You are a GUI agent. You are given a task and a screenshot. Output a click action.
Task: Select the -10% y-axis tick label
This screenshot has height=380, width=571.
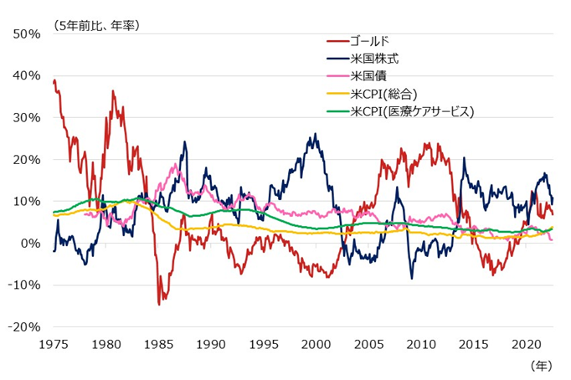(x=24, y=285)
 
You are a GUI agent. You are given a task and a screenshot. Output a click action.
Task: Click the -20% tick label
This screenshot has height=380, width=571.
(x=24, y=326)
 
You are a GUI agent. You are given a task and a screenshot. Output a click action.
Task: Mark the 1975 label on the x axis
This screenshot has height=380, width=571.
(x=54, y=343)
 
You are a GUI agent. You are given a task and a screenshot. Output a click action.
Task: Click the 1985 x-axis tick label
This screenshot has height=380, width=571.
(x=159, y=343)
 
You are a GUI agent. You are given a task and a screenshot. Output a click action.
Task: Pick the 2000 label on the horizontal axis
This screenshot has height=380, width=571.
(x=316, y=343)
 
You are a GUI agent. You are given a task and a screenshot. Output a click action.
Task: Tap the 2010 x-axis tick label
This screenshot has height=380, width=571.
(x=422, y=343)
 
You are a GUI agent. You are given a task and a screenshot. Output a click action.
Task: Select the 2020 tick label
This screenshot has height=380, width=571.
(x=527, y=343)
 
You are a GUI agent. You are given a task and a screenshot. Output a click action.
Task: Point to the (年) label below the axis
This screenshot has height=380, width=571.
(x=542, y=366)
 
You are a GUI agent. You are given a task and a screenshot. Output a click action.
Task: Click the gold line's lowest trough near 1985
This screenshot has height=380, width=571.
(x=159, y=304)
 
